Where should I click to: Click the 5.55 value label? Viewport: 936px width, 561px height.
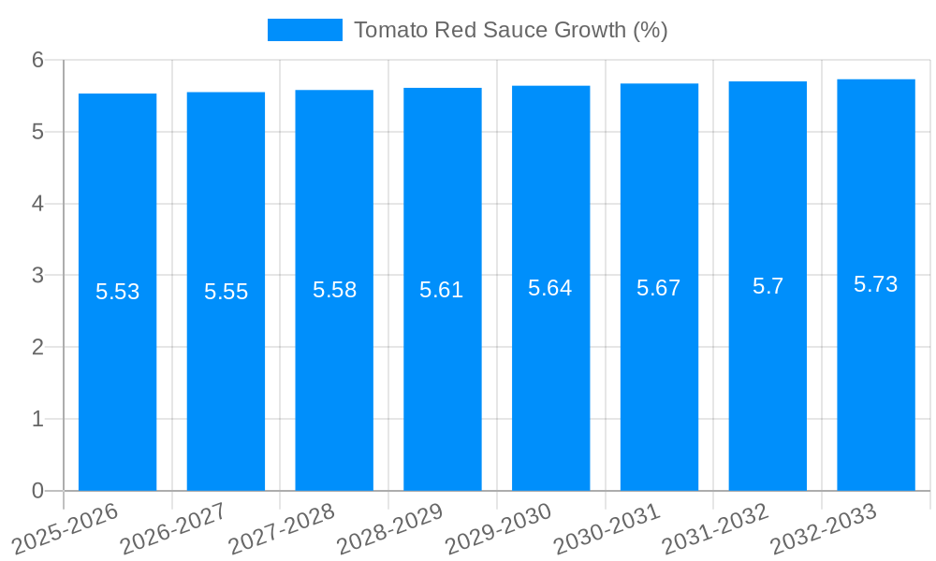[227, 292]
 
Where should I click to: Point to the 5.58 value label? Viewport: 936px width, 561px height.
[334, 290]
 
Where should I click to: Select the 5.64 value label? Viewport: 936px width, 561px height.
[550, 288]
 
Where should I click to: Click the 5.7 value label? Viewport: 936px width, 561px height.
[768, 286]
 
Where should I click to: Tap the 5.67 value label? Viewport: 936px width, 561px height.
[659, 288]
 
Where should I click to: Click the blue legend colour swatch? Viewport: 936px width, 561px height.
[305, 30]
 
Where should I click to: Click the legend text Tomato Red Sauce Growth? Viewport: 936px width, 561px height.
[510, 30]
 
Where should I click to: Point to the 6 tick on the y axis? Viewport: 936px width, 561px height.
[38, 60]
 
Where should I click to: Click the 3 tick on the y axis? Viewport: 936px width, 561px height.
[38, 276]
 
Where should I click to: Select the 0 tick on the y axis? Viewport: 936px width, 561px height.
[38, 491]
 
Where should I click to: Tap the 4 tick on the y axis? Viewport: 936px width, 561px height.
[38, 204]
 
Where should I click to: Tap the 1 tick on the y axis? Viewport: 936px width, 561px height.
[38, 419]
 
